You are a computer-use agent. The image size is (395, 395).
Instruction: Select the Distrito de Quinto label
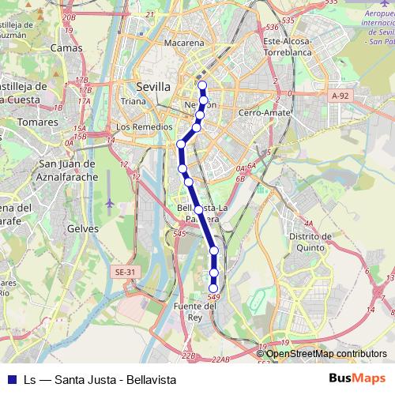coord(309,242)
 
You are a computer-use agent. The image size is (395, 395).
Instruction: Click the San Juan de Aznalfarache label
coord(68,170)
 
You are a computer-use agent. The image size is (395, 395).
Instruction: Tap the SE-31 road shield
coord(123,272)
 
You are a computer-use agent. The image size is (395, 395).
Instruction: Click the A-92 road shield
coord(340,96)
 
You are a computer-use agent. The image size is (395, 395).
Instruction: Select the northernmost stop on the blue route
coord(202,85)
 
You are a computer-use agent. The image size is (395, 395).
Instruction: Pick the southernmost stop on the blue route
coord(213,288)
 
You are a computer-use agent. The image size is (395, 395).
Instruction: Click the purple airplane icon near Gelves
coord(109,203)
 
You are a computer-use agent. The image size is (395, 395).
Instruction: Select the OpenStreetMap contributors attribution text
coord(324,354)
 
